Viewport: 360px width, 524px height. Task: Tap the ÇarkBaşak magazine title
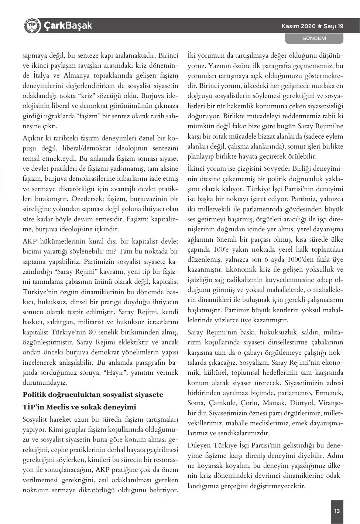click(68, 26)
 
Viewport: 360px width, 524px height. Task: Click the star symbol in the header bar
click(320, 26)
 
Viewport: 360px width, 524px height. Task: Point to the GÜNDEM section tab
click(314, 38)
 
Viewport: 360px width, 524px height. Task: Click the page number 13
click(337, 511)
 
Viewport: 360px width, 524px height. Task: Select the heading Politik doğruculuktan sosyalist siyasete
click(93, 395)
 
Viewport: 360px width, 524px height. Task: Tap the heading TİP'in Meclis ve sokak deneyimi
click(79, 407)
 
